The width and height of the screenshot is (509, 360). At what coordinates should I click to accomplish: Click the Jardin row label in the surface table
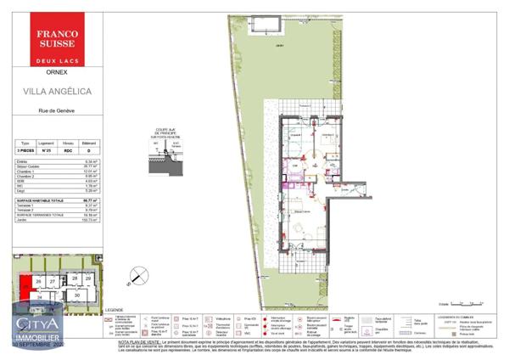coord(21,220)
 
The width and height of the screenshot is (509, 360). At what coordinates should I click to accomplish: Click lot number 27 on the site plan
coord(52,280)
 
